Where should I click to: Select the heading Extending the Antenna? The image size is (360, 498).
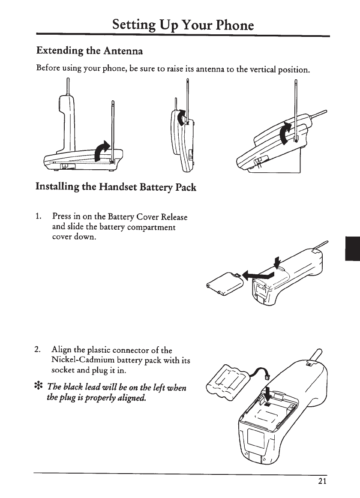tap(89, 51)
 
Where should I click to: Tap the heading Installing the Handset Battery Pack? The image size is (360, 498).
tap(116, 187)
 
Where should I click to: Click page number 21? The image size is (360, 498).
tap(323, 480)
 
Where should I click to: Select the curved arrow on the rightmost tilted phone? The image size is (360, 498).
tap(285, 132)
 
